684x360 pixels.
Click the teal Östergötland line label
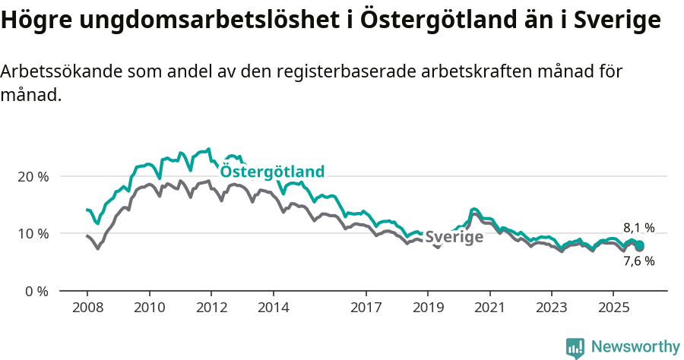point(272,172)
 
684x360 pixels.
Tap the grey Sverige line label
point(454,237)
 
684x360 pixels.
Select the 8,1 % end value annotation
point(638,227)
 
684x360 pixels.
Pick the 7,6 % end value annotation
point(638,261)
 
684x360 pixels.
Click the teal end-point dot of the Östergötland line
point(640,245)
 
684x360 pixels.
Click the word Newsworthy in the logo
point(635,346)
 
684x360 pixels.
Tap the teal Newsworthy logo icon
point(575,347)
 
